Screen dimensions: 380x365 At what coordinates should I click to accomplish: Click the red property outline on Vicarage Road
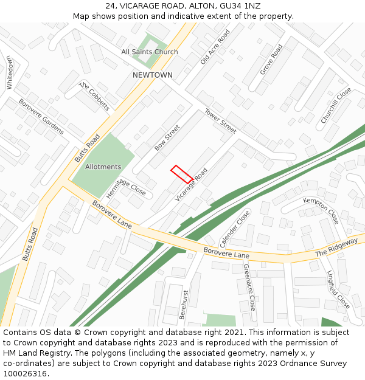coord(182,174)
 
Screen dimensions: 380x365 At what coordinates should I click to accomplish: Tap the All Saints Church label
coord(150,52)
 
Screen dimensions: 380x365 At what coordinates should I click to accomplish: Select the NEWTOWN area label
coord(153,75)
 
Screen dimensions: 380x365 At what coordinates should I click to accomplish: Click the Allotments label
coord(103,167)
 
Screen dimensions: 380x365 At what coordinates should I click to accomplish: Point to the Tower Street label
coord(220,121)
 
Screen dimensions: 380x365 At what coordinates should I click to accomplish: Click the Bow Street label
coord(167,138)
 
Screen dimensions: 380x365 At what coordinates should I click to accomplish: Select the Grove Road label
coord(271,60)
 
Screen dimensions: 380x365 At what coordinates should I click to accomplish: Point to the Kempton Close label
coord(321,210)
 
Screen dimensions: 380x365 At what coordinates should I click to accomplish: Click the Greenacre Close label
coord(249,287)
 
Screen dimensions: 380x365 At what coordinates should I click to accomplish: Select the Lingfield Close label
coord(338,289)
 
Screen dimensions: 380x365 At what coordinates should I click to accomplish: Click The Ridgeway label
coord(336,247)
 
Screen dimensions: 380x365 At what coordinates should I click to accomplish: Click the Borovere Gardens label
coord(41,117)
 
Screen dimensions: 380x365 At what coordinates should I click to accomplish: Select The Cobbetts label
coord(95,97)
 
